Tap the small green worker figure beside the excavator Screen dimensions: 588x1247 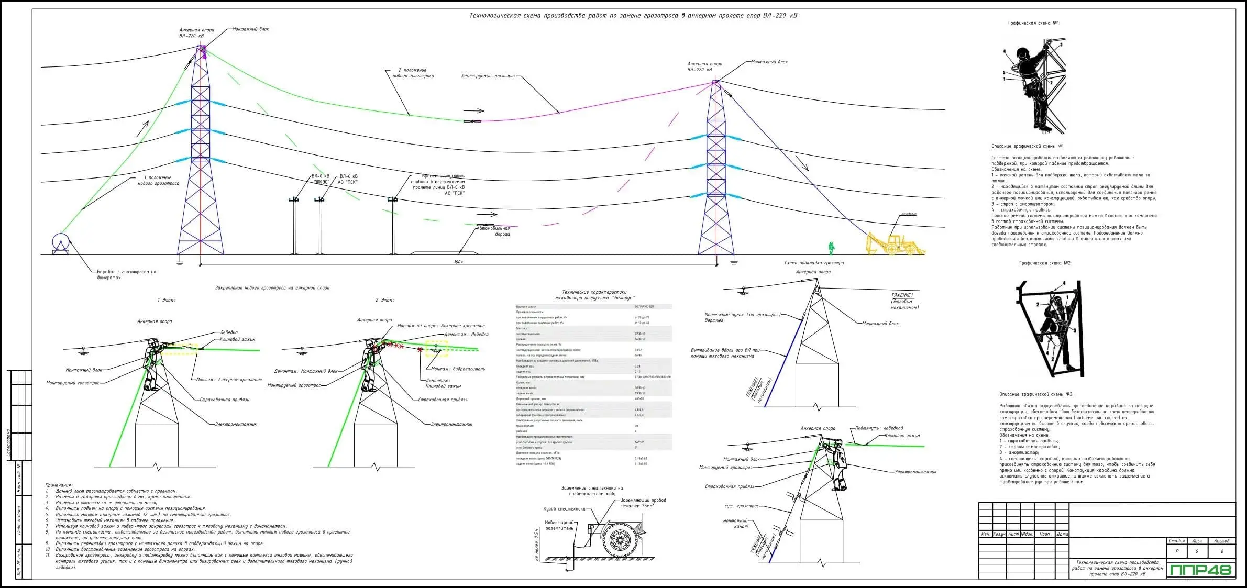831,248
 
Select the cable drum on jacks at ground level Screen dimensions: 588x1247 61,243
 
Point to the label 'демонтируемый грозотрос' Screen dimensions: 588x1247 488,76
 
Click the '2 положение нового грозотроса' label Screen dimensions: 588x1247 413,73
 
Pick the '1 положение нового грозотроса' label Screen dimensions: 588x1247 158,181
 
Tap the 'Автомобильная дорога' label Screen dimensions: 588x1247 495,231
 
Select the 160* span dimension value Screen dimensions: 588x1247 458,261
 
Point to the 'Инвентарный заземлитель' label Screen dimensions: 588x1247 559,525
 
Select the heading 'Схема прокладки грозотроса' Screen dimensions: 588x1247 814,263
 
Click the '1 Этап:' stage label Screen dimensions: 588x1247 167,300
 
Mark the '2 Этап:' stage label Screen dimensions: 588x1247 384,300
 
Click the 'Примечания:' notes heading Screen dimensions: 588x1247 60,485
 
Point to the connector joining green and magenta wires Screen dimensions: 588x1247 472,121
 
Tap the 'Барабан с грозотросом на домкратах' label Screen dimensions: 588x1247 126,274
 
